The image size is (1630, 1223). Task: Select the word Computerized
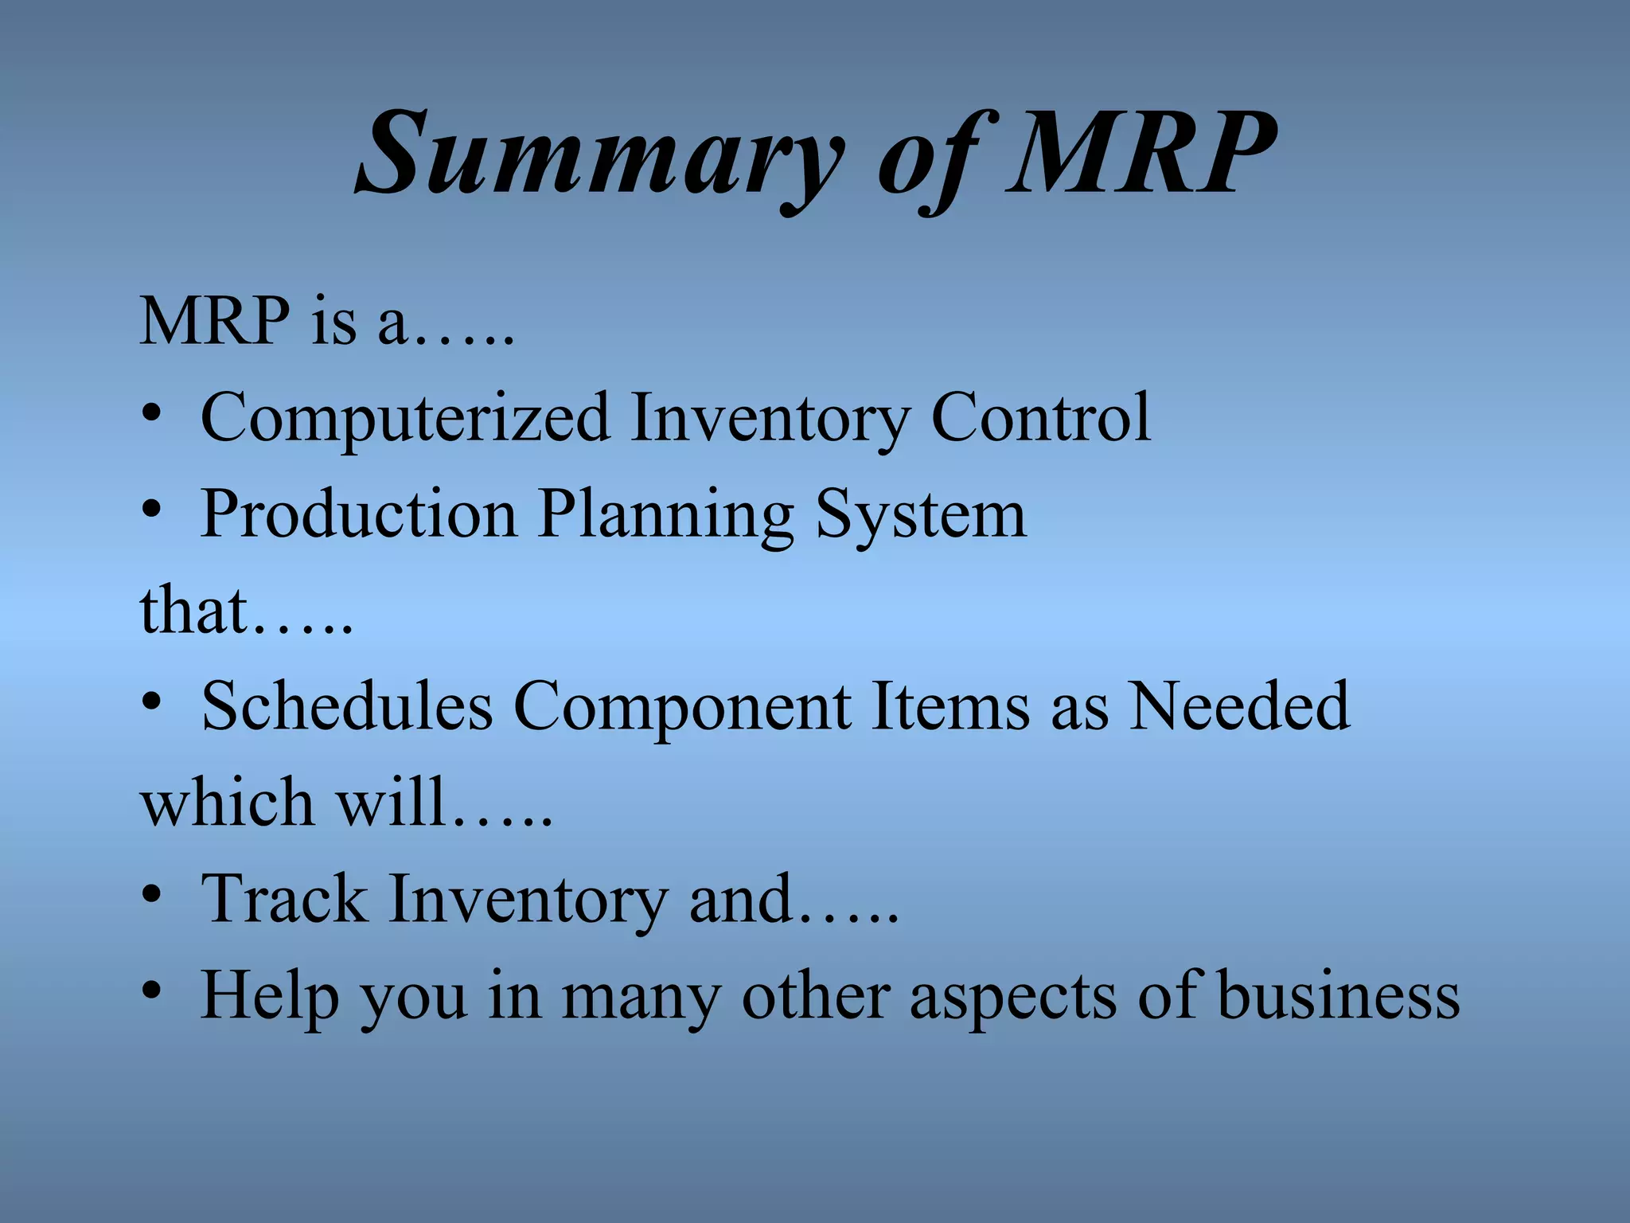point(405,418)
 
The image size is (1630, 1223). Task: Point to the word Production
point(358,514)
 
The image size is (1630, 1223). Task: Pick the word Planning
point(665,516)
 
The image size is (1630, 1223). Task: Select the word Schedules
point(347,705)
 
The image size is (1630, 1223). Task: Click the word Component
point(682,707)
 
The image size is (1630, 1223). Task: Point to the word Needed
point(1239,705)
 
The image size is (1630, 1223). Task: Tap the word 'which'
point(227,802)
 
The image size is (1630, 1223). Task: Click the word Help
point(269,995)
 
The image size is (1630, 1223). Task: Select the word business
point(1339,995)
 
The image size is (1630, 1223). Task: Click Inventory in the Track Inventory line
point(528,900)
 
